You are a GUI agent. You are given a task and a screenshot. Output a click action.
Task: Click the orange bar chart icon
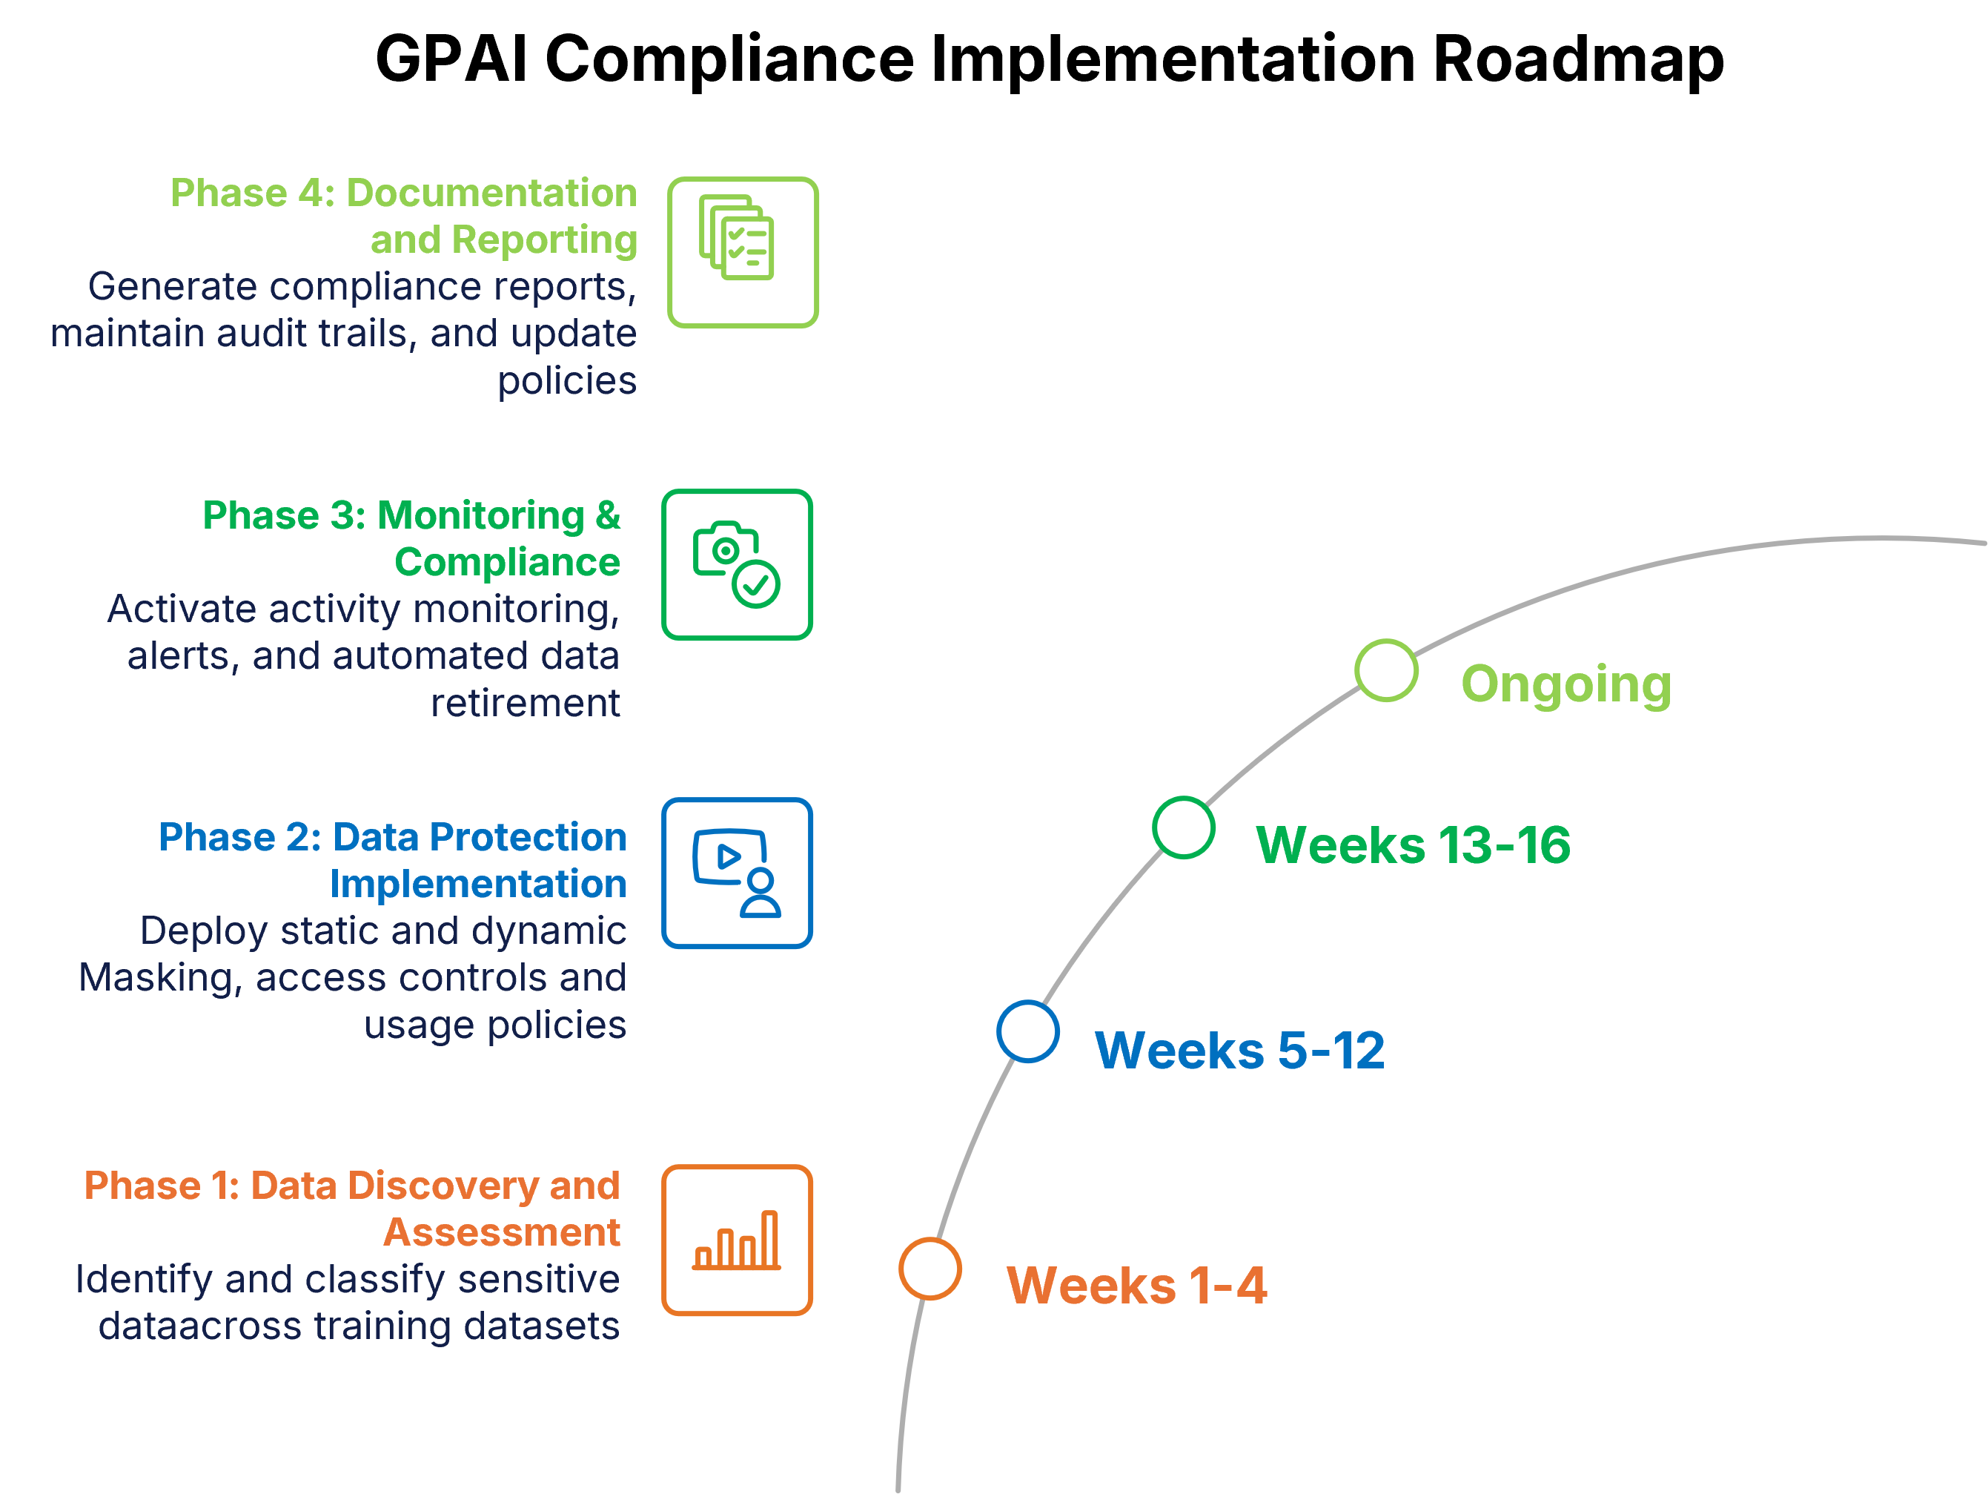[737, 1240]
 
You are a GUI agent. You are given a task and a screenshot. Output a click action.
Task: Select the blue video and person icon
[737, 873]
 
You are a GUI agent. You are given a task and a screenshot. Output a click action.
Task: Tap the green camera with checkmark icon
[737, 564]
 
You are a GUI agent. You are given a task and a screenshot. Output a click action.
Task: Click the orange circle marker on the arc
[930, 1269]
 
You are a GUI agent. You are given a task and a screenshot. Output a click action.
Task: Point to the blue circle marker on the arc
[1027, 1031]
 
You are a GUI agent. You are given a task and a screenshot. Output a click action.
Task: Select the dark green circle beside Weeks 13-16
[1184, 827]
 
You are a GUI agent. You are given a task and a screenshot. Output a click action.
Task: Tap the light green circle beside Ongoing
[1386, 670]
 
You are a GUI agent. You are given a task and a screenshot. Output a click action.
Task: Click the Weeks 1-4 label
[1136, 1286]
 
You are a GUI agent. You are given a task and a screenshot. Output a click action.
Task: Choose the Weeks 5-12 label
[1239, 1050]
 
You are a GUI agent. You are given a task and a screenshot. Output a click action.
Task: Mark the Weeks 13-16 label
[1412, 845]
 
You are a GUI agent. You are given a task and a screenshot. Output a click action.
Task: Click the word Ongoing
[1565, 685]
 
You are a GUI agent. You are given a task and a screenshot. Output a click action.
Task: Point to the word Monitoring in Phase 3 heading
[481, 516]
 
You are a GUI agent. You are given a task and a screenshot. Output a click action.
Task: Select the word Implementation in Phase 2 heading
[477, 885]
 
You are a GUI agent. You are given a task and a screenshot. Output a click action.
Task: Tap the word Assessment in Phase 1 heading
[502, 1232]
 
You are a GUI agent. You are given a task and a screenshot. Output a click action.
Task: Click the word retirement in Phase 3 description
[525, 703]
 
